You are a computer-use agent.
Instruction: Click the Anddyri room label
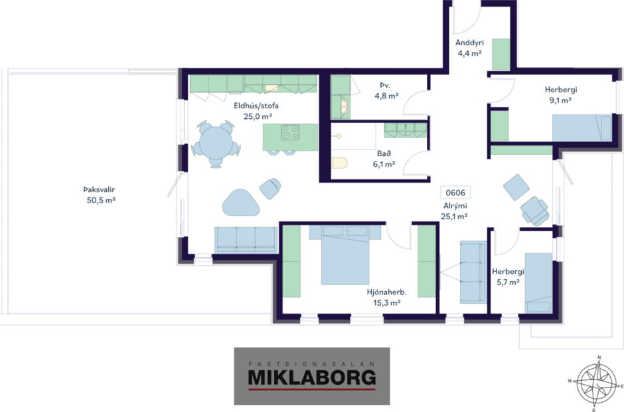[469, 43]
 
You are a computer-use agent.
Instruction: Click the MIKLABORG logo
[311, 376]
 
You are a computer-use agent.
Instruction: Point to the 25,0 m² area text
[257, 116]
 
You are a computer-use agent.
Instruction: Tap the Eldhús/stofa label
[256, 106]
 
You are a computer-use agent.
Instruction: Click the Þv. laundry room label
[384, 85]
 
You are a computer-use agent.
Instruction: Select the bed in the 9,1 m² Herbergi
[582, 127]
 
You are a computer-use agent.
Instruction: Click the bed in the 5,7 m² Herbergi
[538, 282]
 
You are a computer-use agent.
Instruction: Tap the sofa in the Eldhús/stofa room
[246, 239]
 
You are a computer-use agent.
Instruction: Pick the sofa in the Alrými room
[473, 272]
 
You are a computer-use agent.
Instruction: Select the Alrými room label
[455, 206]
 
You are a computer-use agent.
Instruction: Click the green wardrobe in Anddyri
[500, 55]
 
